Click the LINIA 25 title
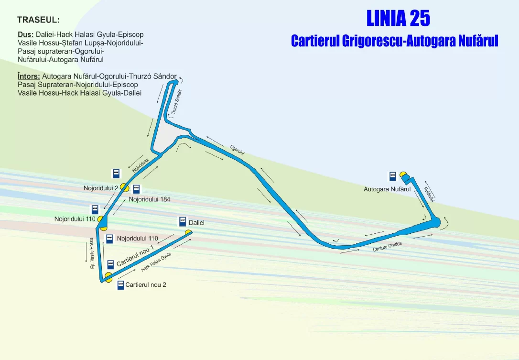click(x=398, y=18)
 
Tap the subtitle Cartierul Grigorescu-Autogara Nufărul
click(x=395, y=41)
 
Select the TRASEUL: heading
click(x=38, y=20)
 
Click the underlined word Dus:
click(x=25, y=34)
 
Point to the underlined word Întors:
click(x=29, y=76)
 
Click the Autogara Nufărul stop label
click(x=387, y=189)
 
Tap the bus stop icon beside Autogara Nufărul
click(x=392, y=176)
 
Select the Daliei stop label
click(x=196, y=223)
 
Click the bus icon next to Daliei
click(x=183, y=221)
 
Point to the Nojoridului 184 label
click(x=150, y=199)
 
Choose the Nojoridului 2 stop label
click(x=101, y=188)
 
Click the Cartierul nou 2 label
click(x=146, y=284)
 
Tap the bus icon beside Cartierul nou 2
click(x=120, y=285)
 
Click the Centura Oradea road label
click(x=387, y=247)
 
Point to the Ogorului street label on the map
click(x=237, y=150)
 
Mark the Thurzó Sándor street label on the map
click(x=177, y=102)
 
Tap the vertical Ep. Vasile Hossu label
click(x=92, y=253)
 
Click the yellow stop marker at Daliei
click(x=189, y=232)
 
